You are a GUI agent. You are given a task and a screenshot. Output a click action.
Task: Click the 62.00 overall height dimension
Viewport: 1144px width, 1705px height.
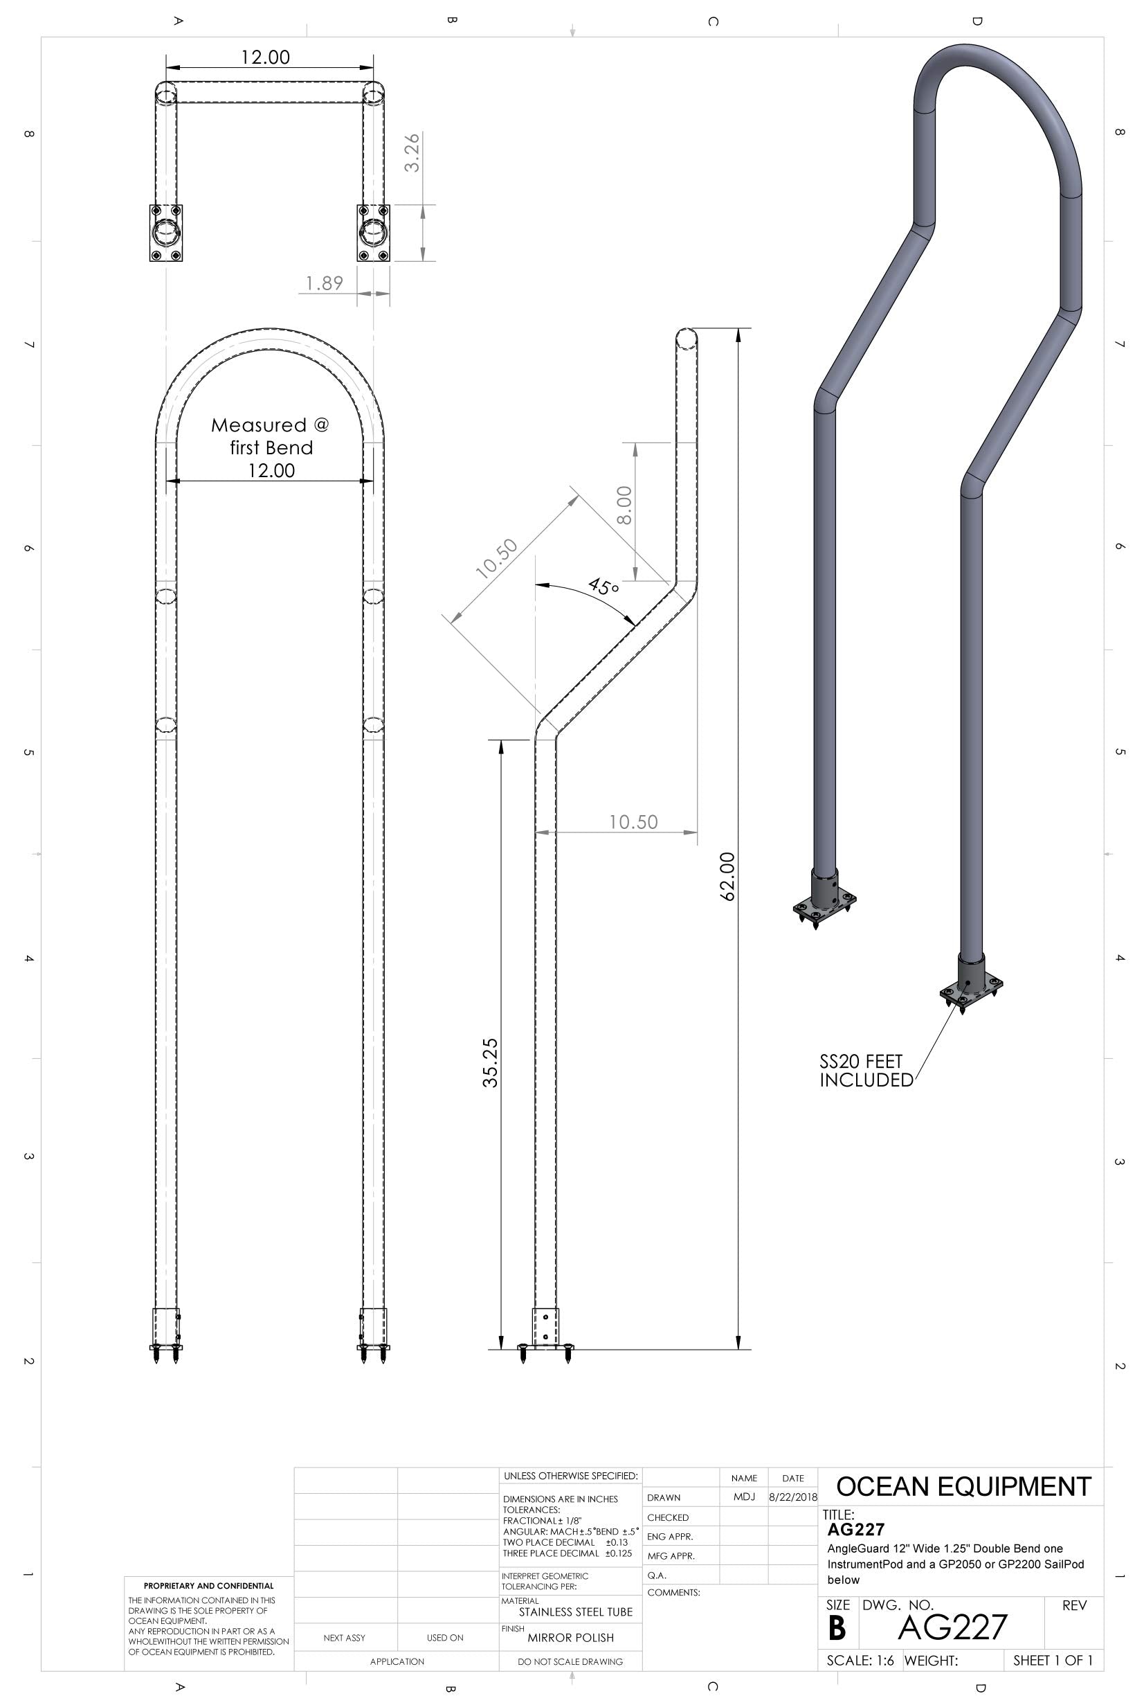point(727,876)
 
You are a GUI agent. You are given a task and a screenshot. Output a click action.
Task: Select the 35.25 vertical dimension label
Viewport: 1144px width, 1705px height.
point(490,1063)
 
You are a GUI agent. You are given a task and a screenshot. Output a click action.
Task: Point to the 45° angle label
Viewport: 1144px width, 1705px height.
point(603,586)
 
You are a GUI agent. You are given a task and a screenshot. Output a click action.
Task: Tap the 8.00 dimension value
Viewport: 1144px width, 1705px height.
point(624,505)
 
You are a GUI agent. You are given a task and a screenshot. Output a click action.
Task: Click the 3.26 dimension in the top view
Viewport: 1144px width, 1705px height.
point(412,152)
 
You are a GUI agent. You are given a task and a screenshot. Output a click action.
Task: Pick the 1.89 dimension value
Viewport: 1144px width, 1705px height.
point(325,283)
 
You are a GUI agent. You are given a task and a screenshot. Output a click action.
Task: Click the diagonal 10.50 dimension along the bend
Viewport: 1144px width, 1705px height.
point(497,558)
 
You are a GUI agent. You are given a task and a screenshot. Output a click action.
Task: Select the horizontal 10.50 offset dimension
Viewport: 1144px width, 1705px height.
point(633,822)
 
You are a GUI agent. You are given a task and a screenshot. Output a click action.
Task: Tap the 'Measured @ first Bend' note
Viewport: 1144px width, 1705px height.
point(271,436)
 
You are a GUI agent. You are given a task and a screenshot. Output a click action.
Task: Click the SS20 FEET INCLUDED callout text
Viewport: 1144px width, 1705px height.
point(865,1071)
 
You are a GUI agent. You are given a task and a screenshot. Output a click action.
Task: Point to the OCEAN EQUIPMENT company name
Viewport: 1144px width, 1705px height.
point(963,1486)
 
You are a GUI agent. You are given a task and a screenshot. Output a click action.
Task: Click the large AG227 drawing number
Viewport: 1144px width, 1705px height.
point(952,1626)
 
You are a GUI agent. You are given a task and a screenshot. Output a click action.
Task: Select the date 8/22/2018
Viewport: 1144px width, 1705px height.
point(793,1497)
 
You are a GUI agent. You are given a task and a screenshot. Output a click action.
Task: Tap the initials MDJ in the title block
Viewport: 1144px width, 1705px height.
point(743,1497)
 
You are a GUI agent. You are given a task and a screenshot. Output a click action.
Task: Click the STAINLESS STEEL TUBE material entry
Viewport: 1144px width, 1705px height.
point(576,1612)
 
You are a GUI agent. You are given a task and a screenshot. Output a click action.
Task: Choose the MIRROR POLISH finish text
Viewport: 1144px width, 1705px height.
point(570,1637)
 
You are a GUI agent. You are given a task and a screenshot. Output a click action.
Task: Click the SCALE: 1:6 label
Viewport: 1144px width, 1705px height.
point(860,1661)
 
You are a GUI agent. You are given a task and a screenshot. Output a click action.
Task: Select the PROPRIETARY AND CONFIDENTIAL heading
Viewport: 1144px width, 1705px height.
point(209,1585)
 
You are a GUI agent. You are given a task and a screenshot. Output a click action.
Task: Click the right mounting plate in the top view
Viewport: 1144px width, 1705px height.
point(373,233)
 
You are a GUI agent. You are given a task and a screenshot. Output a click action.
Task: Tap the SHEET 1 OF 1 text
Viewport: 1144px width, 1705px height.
point(1053,1661)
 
